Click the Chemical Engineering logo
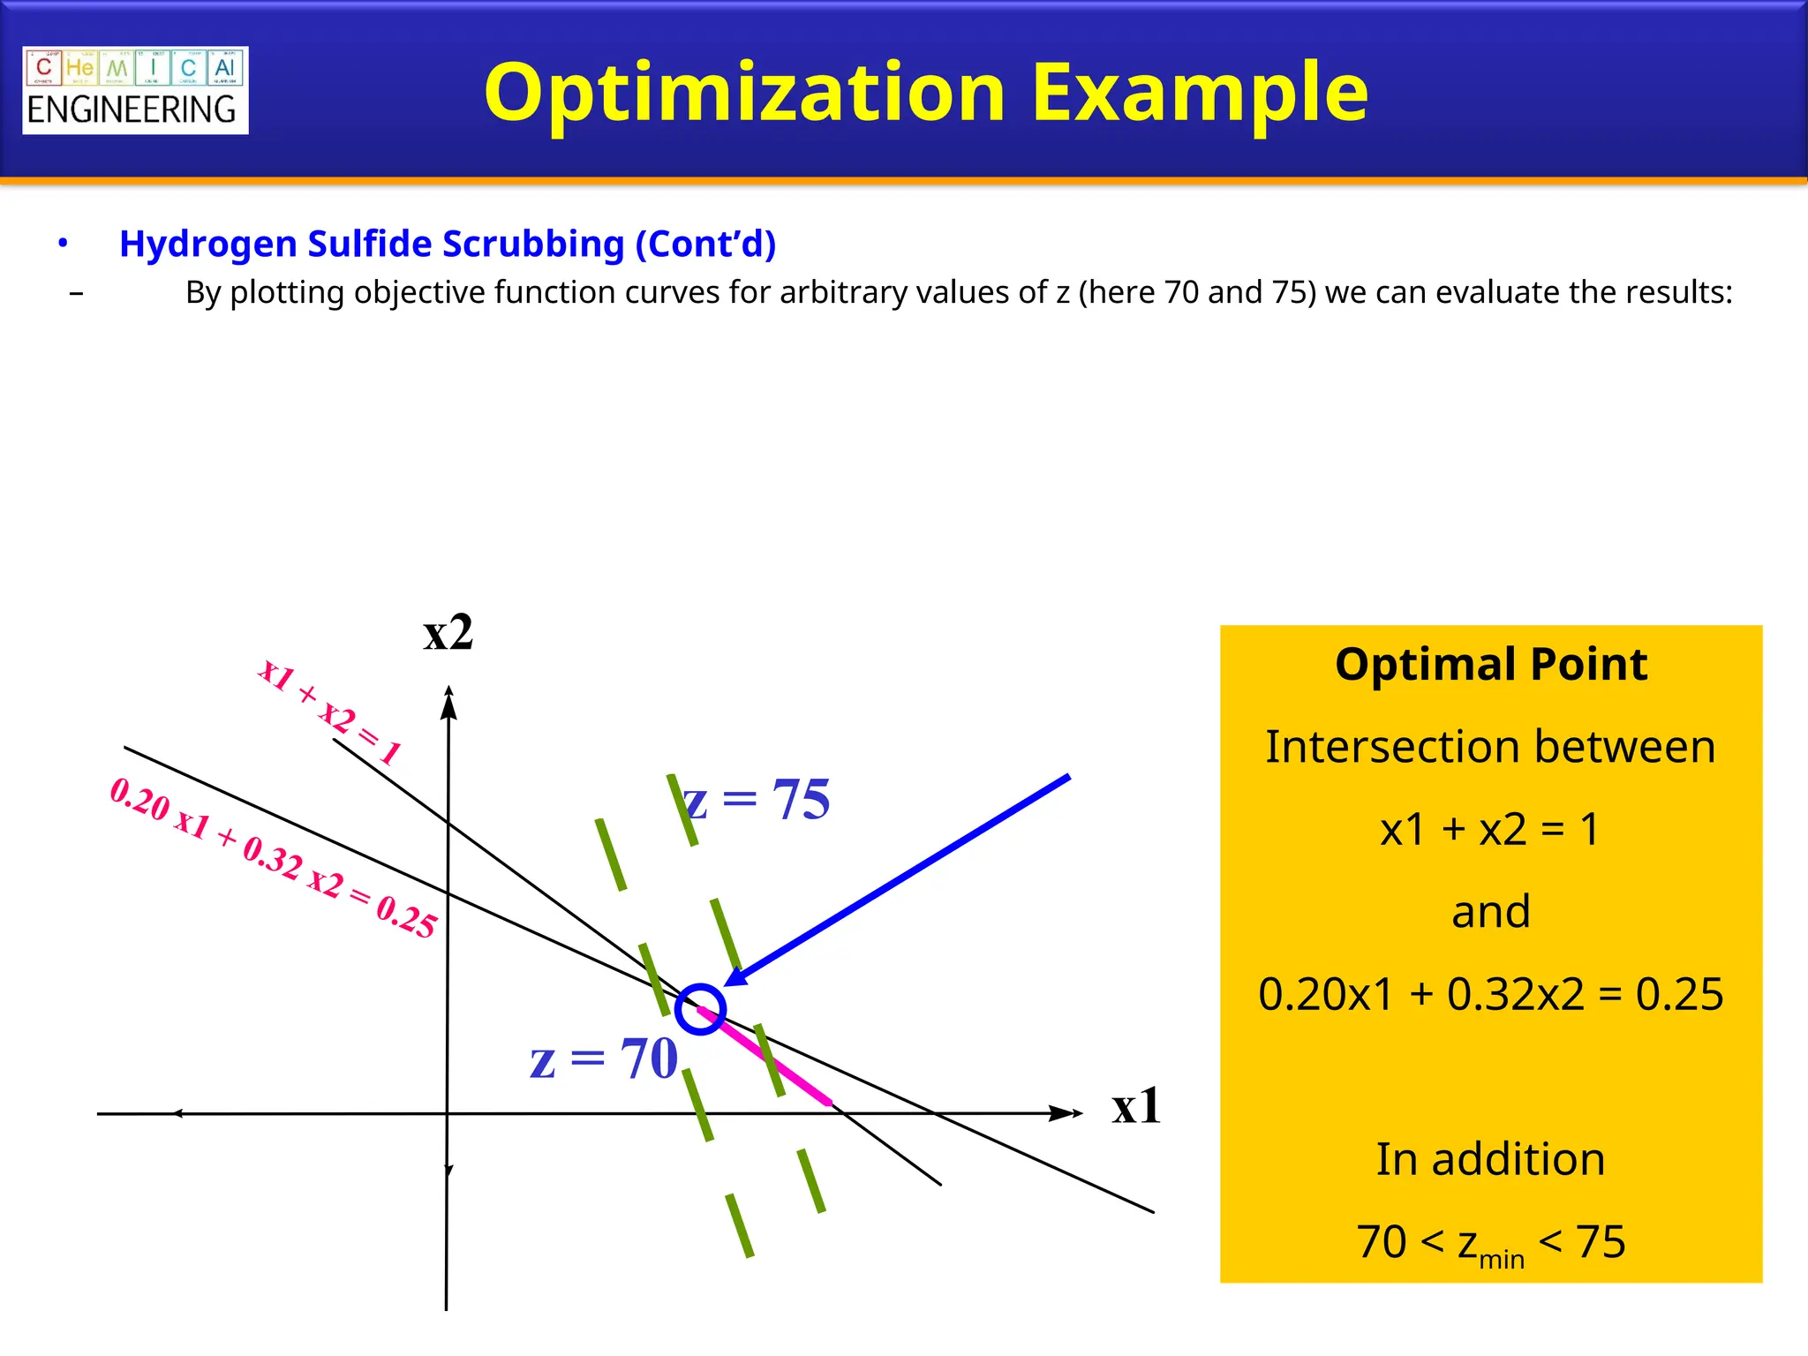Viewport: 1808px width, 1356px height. click(135, 90)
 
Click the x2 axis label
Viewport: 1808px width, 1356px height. click(448, 633)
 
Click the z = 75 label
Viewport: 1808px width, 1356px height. click(757, 800)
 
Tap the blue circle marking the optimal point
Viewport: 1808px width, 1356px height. click(700, 1009)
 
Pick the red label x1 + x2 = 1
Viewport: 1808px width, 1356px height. click(329, 711)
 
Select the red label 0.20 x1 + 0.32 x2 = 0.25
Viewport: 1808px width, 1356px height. click(273, 857)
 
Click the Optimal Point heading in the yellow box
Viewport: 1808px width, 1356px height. click(1490, 664)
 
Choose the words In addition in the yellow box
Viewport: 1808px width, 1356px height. click(1490, 1159)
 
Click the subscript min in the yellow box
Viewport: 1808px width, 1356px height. click(1501, 1258)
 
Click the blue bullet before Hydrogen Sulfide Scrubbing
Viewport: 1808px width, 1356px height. click(63, 243)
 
